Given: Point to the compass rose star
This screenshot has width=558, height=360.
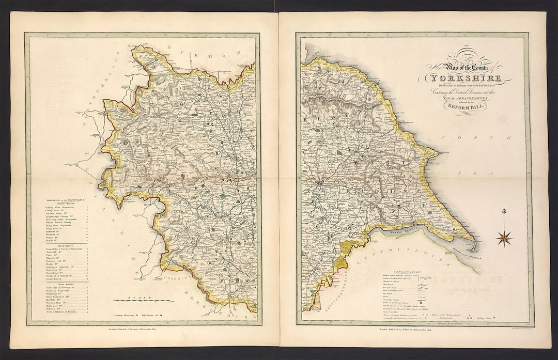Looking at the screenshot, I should click(x=504, y=238).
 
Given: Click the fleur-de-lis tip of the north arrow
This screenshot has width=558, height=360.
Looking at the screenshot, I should click(x=504, y=211).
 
